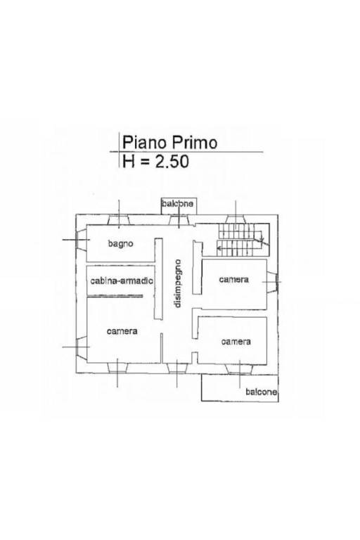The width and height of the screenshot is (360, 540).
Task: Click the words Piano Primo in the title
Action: [169, 143]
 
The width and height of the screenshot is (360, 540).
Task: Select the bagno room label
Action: [121, 244]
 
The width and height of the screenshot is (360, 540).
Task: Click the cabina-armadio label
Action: [122, 281]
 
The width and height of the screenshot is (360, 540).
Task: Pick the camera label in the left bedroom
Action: [122, 331]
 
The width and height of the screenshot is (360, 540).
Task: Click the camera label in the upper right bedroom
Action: [233, 279]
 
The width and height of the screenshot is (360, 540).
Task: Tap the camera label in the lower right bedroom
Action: [236, 342]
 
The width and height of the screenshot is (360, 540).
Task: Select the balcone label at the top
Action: [177, 204]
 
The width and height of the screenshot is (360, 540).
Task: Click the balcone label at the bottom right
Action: [260, 392]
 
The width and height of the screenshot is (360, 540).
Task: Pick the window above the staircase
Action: [236, 218]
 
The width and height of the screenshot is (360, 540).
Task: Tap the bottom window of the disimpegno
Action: [178, 366]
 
